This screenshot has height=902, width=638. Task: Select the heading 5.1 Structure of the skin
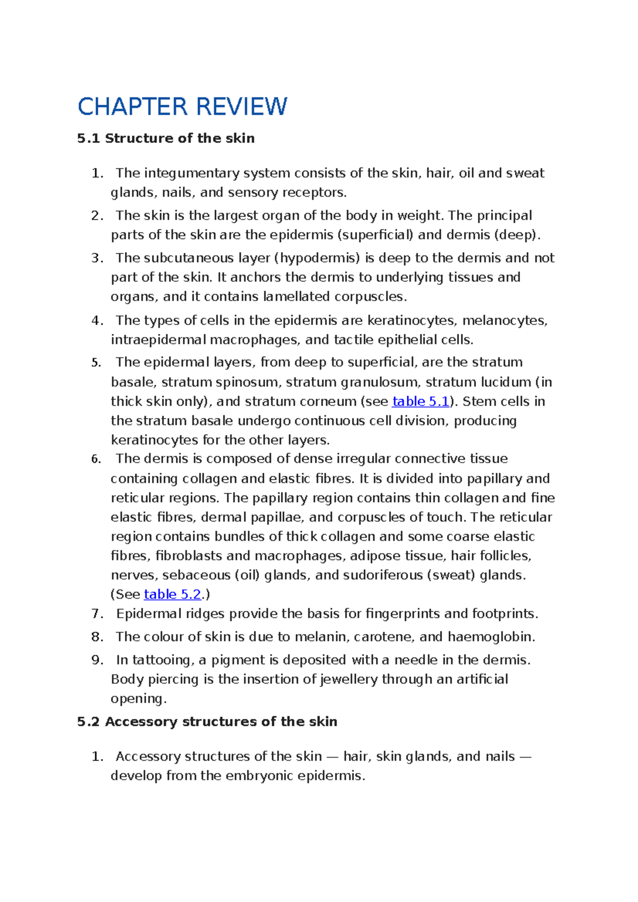165,139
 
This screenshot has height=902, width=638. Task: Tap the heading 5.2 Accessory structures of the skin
207,721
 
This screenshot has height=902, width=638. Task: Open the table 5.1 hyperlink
421,402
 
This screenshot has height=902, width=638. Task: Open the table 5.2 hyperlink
172,594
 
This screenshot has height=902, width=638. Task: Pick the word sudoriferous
383,575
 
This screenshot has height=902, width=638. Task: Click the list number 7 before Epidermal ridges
96,614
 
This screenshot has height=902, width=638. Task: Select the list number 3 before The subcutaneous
96,258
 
